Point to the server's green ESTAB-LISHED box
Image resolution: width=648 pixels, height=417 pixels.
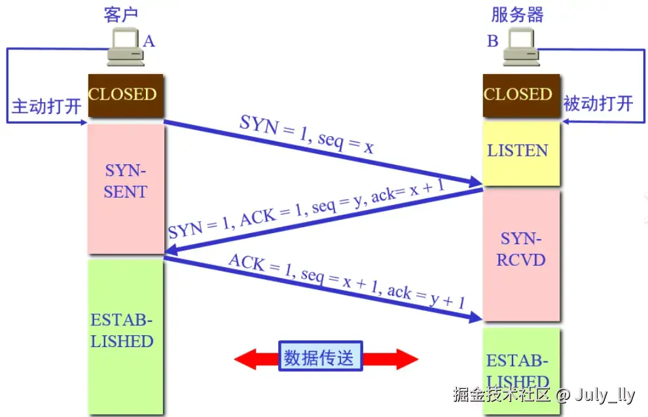(x=521, y=370)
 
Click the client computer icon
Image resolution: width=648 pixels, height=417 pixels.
(x=125, y=49)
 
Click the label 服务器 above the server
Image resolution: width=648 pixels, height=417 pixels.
(x=517, y=14)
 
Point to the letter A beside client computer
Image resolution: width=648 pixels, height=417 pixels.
(x=149, y=41)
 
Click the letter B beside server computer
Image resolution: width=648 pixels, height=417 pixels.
(x=492, y=41)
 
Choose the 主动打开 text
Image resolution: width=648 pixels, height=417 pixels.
(x=46, y=106)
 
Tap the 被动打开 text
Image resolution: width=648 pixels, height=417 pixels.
(x=598, y=103)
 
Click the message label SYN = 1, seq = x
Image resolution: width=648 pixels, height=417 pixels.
(x=306, y=135)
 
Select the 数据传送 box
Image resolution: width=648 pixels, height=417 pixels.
(x=319, y=358)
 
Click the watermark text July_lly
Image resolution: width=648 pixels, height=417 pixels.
(x=605, y=395)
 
